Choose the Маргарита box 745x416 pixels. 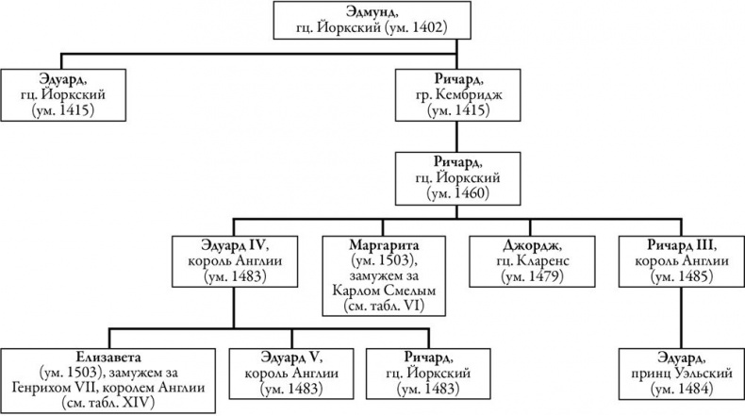tap(382, 274)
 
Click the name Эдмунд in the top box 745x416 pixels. tap(372, 12)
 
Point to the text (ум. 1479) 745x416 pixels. tap(532, 277)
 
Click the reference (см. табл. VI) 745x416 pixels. tap(382, 307)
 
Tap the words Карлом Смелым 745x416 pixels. tap(382, 291)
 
